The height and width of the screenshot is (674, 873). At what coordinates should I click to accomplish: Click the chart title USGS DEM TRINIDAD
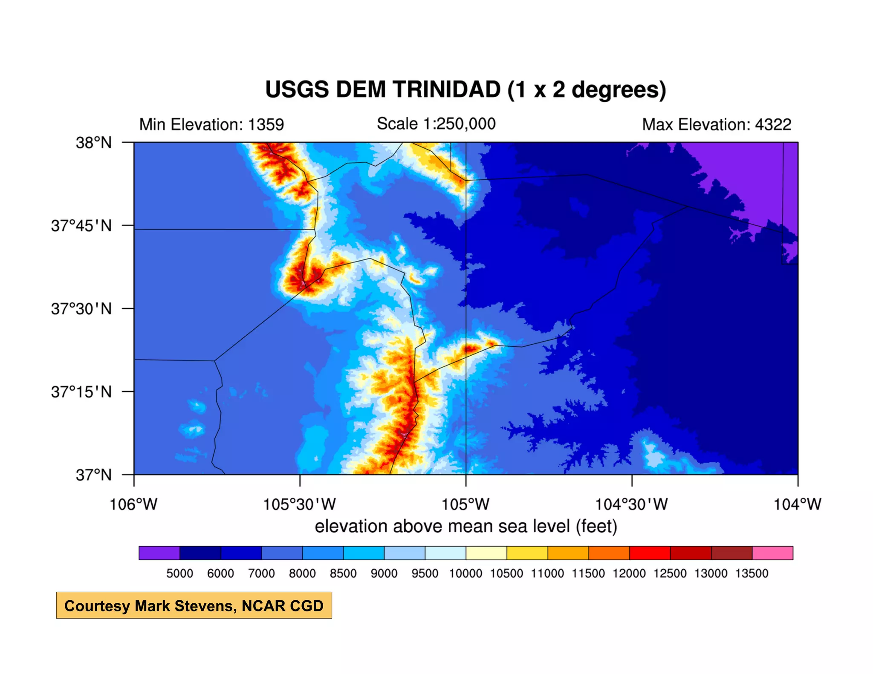click(465, 90)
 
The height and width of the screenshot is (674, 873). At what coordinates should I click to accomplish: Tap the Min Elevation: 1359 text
click(211, 124)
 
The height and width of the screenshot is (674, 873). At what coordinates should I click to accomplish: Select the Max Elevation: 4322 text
click(717, 124)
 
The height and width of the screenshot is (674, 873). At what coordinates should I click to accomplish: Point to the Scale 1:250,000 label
click(436, 124)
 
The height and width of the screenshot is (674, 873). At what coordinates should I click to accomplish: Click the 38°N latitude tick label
click(94, 142)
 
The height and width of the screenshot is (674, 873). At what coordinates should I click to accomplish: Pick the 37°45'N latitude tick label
click(81, 225)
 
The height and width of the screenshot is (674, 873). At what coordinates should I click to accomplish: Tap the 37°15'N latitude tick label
click(81, 392)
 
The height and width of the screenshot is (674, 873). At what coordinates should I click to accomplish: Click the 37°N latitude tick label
click(94, 475)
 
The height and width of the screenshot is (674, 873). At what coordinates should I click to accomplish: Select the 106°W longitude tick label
click(133, 504)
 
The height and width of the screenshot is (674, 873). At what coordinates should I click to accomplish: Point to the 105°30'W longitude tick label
click(299, 504)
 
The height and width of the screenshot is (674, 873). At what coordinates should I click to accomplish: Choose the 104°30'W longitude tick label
click(631, 504)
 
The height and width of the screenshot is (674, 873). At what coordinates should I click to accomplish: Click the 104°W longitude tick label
click(797, 504)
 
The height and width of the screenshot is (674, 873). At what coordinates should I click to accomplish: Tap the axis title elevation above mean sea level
click(466, 527)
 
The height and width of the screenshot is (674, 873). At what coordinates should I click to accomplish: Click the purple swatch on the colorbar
click(159, 553)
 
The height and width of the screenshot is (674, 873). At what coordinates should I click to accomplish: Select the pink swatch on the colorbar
click(772, 553)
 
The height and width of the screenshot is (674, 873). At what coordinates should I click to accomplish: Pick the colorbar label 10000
click(465, 573)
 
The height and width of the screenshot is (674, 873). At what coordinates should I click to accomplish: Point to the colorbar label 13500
click(752, 573)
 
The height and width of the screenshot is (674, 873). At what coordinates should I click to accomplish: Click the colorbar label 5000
click(179, 573)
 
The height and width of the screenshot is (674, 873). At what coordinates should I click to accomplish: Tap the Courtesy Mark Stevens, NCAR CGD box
click(194, 605)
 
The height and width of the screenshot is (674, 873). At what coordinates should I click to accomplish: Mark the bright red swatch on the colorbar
click(650, 553)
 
